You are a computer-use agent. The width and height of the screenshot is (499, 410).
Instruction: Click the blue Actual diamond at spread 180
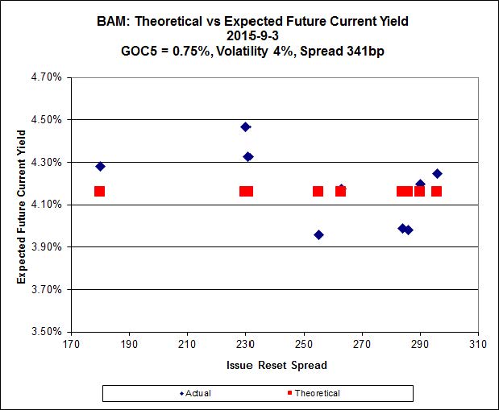pyautogui.click(x=100, y=167)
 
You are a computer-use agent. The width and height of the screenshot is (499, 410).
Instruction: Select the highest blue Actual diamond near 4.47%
pyautogui.click(x=246, y=126)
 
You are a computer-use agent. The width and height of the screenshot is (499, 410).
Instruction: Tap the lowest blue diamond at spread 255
pyautogui.click(x=318, y=235)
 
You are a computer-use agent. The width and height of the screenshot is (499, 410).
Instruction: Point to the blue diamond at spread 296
pyautogui.click(x=437, y=174)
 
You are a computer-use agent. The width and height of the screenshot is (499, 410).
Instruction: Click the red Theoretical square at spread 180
pyautogui.click(x=100, y=191)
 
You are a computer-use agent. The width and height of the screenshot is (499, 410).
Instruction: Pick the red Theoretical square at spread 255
pyautogui.click(x=318, y=191)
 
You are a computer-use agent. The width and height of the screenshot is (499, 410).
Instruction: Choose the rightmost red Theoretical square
pyautogui.click(x=437, y=191)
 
